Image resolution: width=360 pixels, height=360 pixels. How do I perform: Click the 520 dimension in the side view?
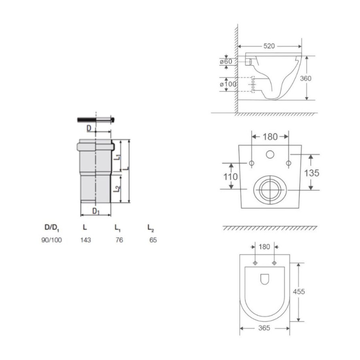269,46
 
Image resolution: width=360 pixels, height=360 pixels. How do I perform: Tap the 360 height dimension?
306,79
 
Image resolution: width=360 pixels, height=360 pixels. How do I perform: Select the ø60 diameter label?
226,61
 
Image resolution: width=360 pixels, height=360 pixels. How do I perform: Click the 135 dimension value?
312,173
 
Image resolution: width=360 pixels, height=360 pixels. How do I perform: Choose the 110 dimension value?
230,176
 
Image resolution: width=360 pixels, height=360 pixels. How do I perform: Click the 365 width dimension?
264,328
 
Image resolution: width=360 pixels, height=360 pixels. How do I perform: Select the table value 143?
85,240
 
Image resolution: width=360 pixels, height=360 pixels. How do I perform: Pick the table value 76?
119,240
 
